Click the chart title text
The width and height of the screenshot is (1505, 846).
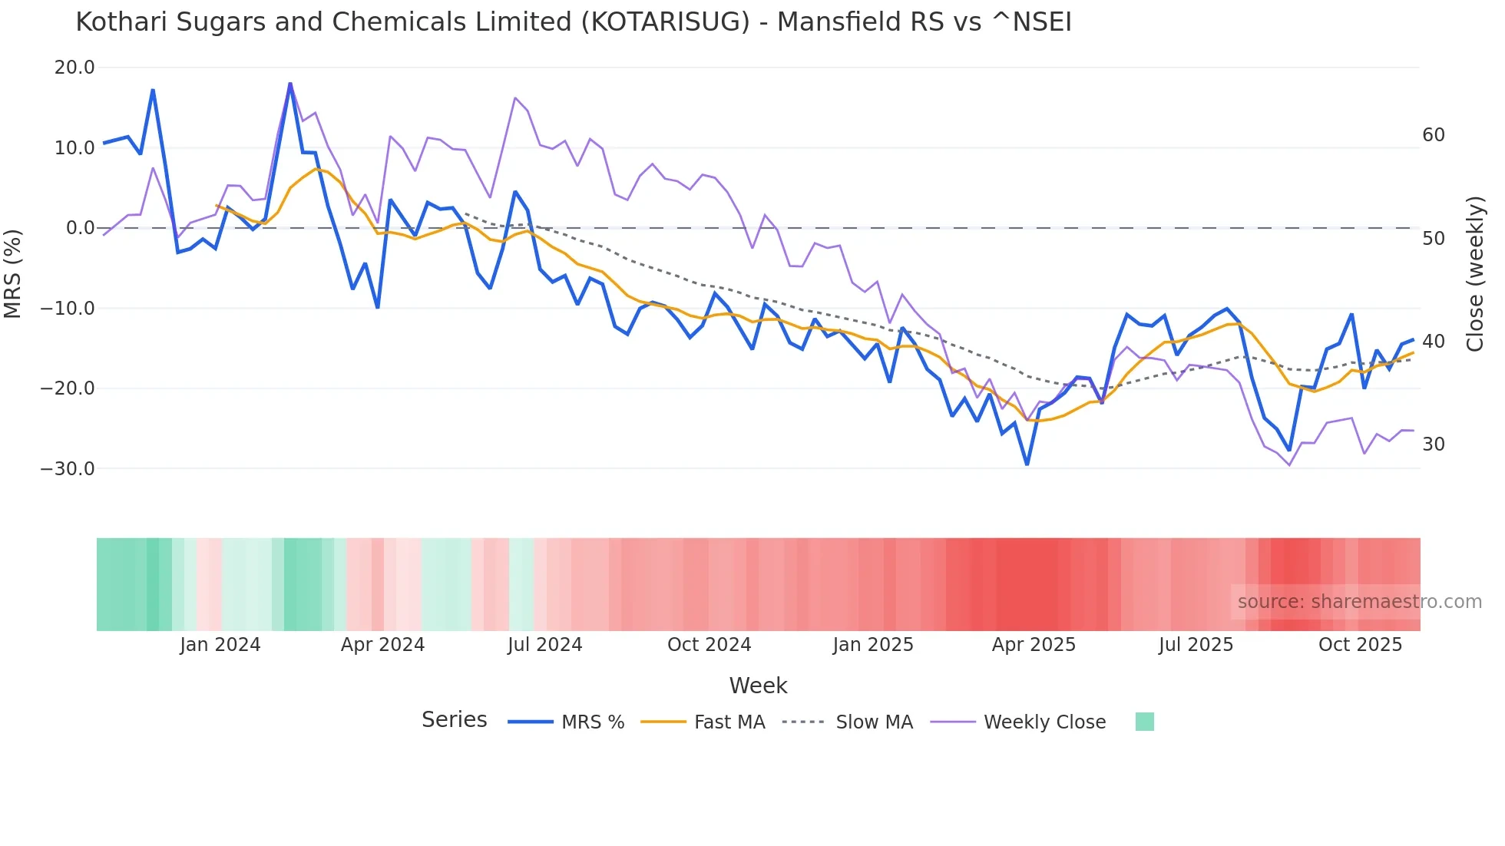[573, 22]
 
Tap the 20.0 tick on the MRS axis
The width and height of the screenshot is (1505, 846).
[74, 68]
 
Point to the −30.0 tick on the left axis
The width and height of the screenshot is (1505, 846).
[68, 468]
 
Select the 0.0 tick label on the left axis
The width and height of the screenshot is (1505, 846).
[80, 228]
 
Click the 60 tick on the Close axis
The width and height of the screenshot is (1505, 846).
[1433, 135]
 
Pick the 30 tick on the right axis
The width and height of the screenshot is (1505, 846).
[1433, 444]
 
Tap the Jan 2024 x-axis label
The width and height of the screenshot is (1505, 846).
[220, 645]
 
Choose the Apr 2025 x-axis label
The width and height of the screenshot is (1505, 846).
[1034, 645]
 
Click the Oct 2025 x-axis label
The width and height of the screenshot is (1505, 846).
[1360, 645]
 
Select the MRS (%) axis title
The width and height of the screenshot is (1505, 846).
[13, 273]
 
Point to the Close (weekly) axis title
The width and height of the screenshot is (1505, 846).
[1475, 274]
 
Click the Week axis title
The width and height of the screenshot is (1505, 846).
[758, 686]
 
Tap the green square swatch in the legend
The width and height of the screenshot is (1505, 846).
[1144, 722]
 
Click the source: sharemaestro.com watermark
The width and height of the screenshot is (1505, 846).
[1359, 602]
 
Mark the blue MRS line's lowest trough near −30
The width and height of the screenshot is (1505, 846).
[1027, 464]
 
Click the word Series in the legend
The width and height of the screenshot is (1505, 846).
[454, 720]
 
